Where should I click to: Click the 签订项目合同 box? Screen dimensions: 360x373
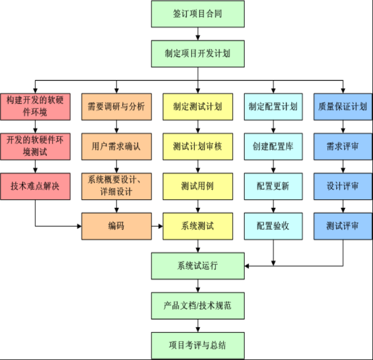click(x=198, y=14)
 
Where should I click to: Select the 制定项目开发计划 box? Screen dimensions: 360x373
click(x=198, y=54)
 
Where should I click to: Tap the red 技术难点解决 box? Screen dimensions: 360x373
click(x=35, y=186)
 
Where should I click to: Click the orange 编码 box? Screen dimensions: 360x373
click(x=116, y=226)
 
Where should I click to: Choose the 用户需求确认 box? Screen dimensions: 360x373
click(x=116, y=146)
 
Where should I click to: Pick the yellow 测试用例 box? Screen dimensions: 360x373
click(x=198, y=186)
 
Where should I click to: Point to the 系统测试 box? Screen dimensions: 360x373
click(x=198, y=226)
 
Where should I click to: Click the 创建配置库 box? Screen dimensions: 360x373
click(x=273, y=146)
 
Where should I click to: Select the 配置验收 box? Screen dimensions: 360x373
click(x=273, y=226)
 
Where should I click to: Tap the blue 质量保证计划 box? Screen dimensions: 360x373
click(x=343, y=107)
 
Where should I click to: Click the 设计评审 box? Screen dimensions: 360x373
click(x=343, y=186)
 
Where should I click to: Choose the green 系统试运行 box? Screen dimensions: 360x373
click(x=198, y=266)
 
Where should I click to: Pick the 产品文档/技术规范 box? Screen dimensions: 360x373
click(x=198, y=305)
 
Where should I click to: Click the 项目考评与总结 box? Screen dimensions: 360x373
click(x=198, y=345)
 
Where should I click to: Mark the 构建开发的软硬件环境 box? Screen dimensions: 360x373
click(x=35, y=107)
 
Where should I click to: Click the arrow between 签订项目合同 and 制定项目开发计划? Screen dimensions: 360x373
click(x=198, y=34)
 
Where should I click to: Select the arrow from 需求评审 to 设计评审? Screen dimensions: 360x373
click(x=343, y=166)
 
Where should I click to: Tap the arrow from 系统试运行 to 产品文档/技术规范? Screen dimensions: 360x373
click(x=198, y=286)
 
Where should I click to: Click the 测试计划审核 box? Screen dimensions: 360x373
click(x=198, y=146)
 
